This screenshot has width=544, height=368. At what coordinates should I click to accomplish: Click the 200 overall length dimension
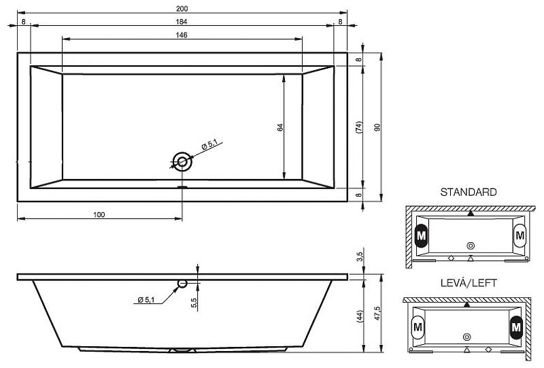(182, 8)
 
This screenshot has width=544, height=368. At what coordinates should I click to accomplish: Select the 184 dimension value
(182, 22)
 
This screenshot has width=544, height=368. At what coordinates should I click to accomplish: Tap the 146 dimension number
(182, 35)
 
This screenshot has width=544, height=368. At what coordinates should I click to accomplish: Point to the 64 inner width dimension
(279, 127)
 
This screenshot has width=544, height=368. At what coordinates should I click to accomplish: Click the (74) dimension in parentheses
(359, 127)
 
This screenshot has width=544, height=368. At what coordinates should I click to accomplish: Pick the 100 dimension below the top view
(99, 214)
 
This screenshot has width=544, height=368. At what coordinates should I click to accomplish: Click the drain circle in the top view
(182, 162)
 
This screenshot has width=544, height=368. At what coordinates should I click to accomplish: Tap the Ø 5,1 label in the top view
(209, 144)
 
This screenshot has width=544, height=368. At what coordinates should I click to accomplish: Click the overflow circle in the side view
(182, 283)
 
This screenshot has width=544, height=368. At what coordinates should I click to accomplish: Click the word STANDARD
(469, 193)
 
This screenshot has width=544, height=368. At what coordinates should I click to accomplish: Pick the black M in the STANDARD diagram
(421, 235)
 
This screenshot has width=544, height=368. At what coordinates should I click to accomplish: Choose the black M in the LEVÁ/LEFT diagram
(515, 328)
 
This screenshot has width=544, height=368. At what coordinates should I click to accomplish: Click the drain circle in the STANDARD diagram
(471, 245)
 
